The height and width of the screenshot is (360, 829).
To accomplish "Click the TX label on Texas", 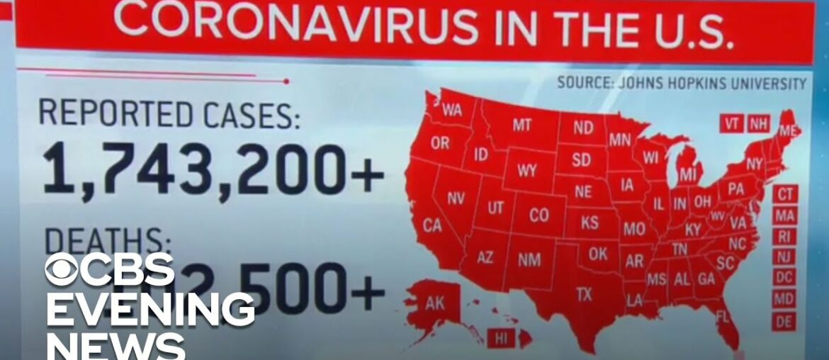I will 584,294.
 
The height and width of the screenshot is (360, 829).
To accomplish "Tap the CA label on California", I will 432,225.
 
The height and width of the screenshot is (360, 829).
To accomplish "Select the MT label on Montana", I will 521,125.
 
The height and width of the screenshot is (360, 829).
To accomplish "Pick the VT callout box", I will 732,123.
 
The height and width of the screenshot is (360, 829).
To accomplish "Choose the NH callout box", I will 758,123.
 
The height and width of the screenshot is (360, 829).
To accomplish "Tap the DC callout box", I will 784,277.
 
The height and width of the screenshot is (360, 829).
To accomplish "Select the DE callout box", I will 784,320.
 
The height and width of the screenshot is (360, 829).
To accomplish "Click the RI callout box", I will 784,236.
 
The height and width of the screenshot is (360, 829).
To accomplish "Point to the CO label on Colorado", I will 538,215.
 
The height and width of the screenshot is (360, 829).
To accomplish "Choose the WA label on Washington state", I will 451,111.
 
